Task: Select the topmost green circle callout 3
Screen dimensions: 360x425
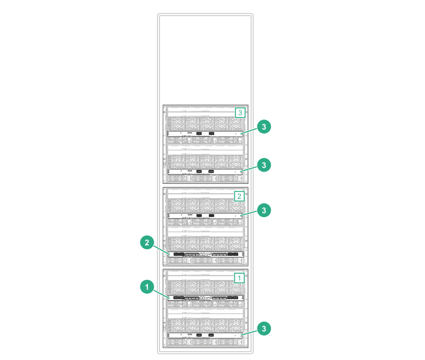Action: pyautogui.click(x=264, y=127)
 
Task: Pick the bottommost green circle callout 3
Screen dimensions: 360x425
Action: pyautogui.click(x=264, y=328)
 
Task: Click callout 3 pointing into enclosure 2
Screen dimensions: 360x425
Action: pyautogui.click(x=264, y=210)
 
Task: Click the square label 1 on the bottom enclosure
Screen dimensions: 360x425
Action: pyautogui.click(x=239, y=277)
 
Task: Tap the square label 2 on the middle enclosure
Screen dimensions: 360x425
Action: pyautogui.click(x=239, y=196)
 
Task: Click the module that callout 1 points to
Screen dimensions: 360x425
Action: pyautogui.click(x=206, y=298)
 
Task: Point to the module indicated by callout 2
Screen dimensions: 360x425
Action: pyautogui.click(x=206, y=254)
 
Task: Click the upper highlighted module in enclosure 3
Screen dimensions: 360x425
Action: pyautogui.click(x=206, y=134)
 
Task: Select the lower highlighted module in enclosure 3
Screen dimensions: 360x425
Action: pyautogui.click(x=206, y=171)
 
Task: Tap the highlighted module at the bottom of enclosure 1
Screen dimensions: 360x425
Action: pyautogui.click(x=206, y=335)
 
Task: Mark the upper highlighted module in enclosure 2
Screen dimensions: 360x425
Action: pyautogui.click(x=206, y=216)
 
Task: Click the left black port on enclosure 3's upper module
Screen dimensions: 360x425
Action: pyautogui.click(x=199, y=134)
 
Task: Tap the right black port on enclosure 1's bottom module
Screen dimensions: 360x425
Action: pyautogui.click(x=211, y=335)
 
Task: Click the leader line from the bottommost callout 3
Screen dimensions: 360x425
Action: pyautogui.click(x=250, y=331)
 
